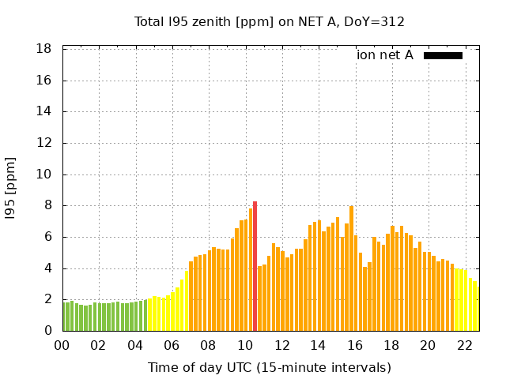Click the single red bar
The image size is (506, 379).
pyautogui.click(x=255, y=267)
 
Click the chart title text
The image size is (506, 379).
pyautogui.click(x=270, y=22)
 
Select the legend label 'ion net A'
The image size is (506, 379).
pyautogui.click(x=385, y=55)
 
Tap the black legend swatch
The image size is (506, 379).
pyautogui.click(x=443, y=55)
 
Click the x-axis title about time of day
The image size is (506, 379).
pyautogui.click(x=270, y=367)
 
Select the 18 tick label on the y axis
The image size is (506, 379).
pyautogui.click(x=44, y=49)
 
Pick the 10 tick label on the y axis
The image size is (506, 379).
pyautogui.click(x=44, y=174)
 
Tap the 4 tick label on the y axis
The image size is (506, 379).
pyautogui.click(x=47, y=268)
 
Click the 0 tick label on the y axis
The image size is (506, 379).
pyautogui.click(x=47, y=331)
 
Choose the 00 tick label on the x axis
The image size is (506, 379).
pyautogui.click(x=62, y=346)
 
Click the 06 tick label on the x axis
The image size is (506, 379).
pyautogui.click(x=172, y=346)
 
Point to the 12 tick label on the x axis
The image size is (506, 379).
pyautogui.click(x=281, y=346)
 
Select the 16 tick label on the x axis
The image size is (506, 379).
pyautogui.click(x=354, y=346)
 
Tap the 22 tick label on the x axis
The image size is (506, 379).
pyautogui.click(x=464, y=346)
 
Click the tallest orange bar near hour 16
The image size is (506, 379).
pyautogui.click(x=351, y=268)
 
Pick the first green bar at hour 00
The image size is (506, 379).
pyautogui.click(x=64, y=317)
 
